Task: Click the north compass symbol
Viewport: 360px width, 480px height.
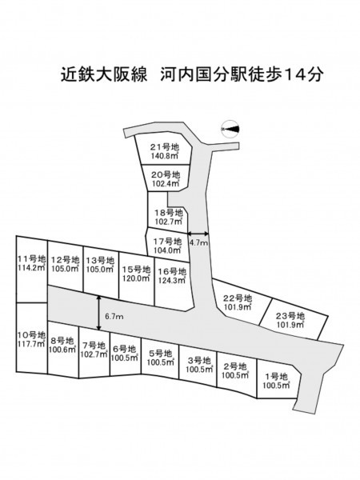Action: point(230,129)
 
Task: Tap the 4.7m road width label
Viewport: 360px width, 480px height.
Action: point(198,243)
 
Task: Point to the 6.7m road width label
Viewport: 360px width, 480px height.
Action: point(114,317)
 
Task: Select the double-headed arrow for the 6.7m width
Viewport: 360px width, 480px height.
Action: point(98,313)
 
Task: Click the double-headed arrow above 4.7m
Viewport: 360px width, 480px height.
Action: point(198,234)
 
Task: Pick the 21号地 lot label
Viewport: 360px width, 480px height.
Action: point(164,147)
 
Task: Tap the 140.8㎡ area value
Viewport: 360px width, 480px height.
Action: point(165,155)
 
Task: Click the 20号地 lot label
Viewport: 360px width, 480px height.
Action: point(166,175)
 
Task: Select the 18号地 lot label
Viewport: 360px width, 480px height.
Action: point(169,213)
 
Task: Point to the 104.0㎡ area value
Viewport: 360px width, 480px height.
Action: point(167,250)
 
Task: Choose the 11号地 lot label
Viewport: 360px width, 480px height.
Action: point(31,259)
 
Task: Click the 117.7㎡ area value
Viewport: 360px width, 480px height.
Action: point(31,343)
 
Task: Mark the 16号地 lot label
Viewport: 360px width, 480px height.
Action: point(172,271)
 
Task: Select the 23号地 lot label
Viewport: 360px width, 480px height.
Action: point(290,316)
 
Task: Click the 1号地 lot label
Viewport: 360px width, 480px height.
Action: point(276,377)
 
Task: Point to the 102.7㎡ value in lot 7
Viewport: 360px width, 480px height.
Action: point(94,354)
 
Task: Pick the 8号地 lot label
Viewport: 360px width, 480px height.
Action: point(62,341)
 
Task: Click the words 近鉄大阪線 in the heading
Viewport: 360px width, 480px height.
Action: point(104,74)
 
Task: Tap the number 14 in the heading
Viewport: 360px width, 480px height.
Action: point(295,74)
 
